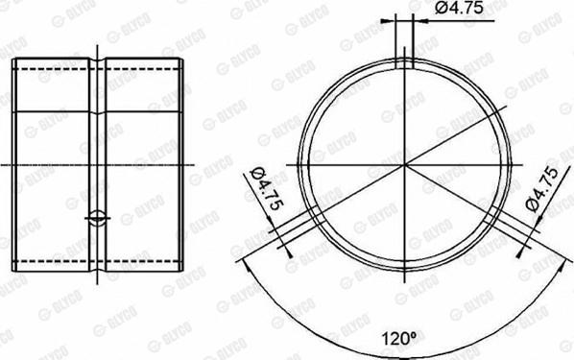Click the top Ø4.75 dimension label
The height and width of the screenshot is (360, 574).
(x=460, y=8)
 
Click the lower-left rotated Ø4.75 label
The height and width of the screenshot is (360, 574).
(x=267, y=188)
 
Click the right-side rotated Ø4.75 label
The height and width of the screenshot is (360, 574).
(x=541, y=189)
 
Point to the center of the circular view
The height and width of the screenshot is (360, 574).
(x=404, y=165)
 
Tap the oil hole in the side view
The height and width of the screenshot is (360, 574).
(x=97, y=218)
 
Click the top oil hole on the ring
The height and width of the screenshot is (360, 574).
(x=404, y=63)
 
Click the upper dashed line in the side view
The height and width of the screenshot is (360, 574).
(x=98, y=69)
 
